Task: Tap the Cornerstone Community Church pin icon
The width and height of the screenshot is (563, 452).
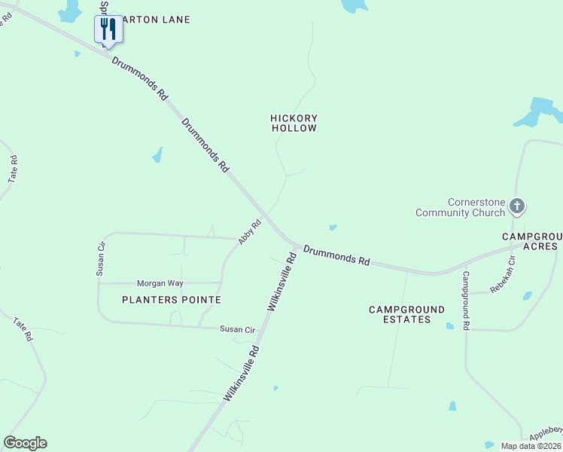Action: pos(516,206)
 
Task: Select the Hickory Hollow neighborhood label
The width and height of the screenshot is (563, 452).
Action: pos(294,124)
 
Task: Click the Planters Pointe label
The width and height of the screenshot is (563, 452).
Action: pos(172,300)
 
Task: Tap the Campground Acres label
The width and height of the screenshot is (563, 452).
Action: pos(531,241)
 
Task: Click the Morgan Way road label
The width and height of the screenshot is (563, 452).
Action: pos(160,283)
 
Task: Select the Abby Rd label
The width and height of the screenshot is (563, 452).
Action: pos(249,231)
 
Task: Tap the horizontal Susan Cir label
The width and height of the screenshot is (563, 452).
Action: pos(238,329)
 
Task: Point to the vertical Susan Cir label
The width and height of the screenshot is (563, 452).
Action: pos(100,258)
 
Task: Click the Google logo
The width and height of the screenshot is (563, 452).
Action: pos(25,443)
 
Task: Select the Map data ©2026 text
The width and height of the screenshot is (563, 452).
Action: pos(531,446)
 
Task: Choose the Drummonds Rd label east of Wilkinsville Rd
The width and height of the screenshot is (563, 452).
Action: pos(336,255)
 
